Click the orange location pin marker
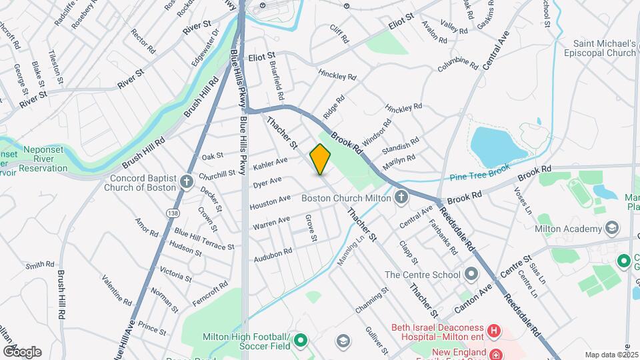tap(321, 159)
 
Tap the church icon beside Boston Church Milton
tap(401, 197)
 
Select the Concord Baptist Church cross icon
tap(187, 179)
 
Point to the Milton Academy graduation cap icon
tap(611, 229)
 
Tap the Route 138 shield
tap(173, 212)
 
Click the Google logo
tap(22, 351)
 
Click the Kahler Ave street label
tap(270, 163)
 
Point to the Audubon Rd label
tap(273, 255)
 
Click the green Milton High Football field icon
tap(301, 341)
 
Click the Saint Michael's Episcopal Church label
tap(604, 48)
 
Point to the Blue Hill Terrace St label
tap(204, 239)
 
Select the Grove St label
tap(311, 227)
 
